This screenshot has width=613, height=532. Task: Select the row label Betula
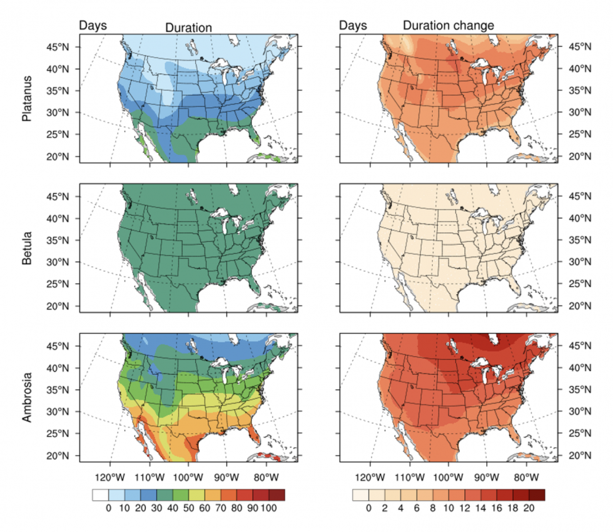26,248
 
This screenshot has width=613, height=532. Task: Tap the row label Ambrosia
26,397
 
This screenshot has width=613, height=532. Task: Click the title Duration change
448,26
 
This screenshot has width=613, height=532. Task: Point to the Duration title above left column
188,27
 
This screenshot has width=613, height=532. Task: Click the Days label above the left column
93,26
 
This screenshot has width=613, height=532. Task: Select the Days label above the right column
353,26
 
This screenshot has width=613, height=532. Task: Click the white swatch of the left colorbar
100,494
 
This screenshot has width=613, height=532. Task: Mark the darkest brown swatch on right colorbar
537,494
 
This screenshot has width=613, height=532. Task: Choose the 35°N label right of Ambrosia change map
582,389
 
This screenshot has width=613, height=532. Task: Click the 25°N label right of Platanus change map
582,134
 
